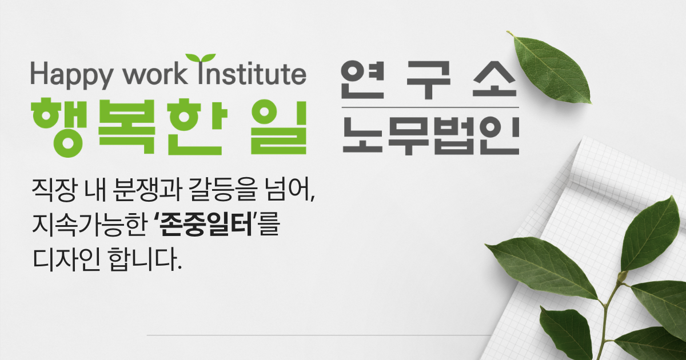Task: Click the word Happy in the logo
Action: [x=71, y=75]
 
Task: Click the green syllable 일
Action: [x=278, y=126]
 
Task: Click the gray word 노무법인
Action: [x=430, y=135]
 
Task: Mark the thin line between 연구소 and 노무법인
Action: [x=430, y=107]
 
